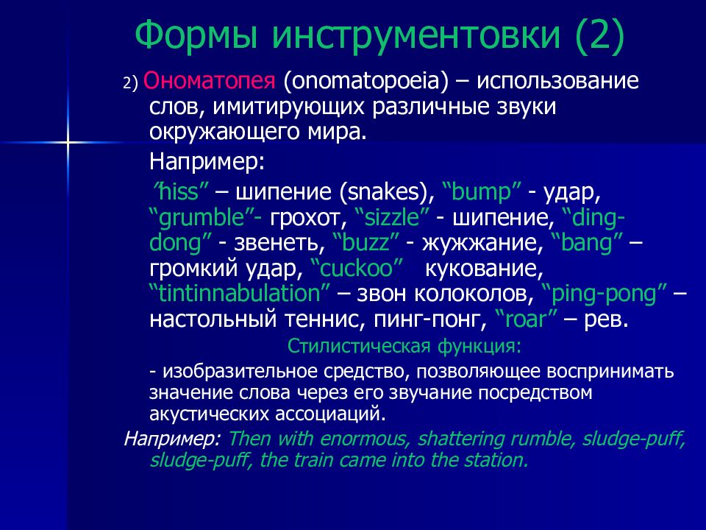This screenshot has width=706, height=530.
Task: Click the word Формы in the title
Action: pyautogui.click(x=196, y=35)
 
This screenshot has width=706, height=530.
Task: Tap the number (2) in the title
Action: pyautogui.click(x=600, y=36)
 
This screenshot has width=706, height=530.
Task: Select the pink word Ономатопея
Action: pyautogui.click(x=209, y=81)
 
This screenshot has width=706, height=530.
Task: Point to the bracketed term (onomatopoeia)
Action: pyautogui.click(x=366, y=82)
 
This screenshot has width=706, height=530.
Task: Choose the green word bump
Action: pyautogui.click(x=481, y=192)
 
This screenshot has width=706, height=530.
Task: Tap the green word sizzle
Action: pyautogui.click(x=392, y=217)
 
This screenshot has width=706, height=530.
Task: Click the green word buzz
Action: pyautogui.click(x=366, y=242)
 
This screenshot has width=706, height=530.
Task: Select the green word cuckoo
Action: pyautogui.click(x=357, y=268)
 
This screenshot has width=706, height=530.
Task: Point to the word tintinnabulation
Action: pyautogui.click(x=240, y=294)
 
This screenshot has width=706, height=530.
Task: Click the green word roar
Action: pyautogui.click(x=525, y=319)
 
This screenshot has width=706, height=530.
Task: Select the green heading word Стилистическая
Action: pyautogui.click(x=359, y=346)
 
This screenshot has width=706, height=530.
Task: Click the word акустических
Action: pyautogui.click(x=209, y=414)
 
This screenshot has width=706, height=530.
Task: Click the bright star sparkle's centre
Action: pyautogui.click(x=68, y=143)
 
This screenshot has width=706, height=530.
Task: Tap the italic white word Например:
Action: pyautogui.click(x=172, y=439)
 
